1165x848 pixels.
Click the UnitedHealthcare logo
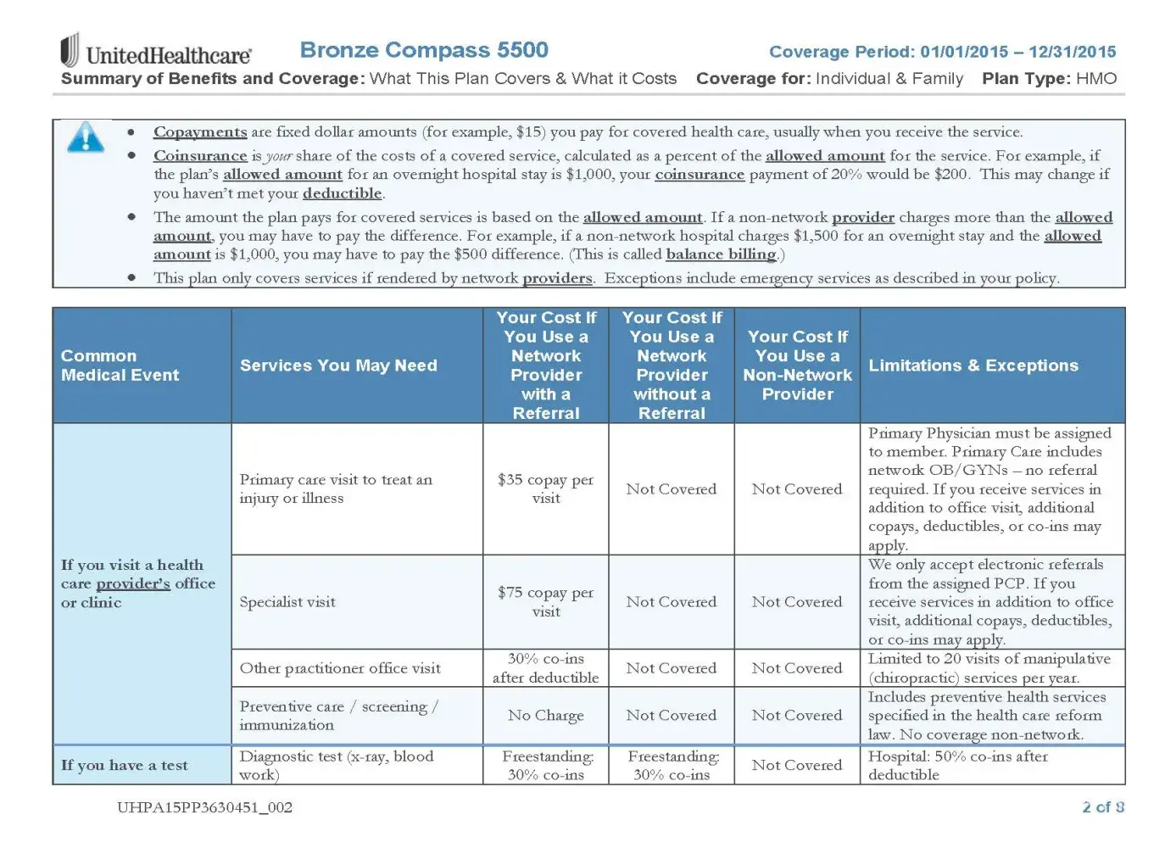[156, 52]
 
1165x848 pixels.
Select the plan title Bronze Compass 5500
[424, 50]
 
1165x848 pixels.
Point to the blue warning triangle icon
[86, 137]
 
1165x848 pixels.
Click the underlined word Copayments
[200, 132]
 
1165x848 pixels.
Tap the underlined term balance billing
[721, 254]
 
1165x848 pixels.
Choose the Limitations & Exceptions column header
[973, 365]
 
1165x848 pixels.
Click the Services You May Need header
[338, 365]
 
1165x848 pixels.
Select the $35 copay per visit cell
[545, 488]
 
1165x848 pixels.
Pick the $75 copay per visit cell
[545, 601]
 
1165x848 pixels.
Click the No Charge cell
[545, 716]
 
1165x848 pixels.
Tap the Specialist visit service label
[287, 602]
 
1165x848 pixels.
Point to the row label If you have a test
[125, 765]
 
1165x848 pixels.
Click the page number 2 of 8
[1102, 807]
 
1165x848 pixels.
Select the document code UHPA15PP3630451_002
[204, 807]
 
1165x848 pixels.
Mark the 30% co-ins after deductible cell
[545, 668]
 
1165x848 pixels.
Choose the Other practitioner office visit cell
[340, 668]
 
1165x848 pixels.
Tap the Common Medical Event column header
[120, 365]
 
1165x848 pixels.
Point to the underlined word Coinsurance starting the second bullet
[200, 156]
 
